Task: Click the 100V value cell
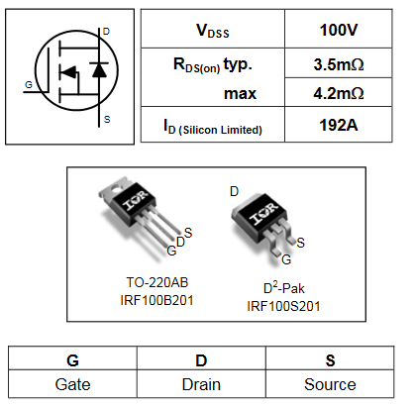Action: (x=339, y=30)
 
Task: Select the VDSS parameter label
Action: (x=213, y=31)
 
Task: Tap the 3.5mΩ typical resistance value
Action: (x=339, y=64)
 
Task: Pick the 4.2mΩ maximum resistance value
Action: (x=339, y=93)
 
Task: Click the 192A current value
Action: (x=339, y=125)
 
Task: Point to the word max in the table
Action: (x=240, y=94)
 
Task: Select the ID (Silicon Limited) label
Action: (x=213, y=128)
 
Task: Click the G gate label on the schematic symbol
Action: (x=29, y=85)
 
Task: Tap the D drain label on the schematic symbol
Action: (x=106, y=32)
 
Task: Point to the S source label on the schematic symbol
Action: (x=107, y=119)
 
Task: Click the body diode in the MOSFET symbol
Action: (x=99, y=69)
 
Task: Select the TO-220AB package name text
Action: (x=157, y=282)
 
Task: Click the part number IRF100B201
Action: (x=156, y=300)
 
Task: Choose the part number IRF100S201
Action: (x=283, y=306)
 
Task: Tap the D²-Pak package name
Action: (x=283, y=288)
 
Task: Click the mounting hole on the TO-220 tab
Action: (x=116, y=189)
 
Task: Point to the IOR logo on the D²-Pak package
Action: (x=263, y=214)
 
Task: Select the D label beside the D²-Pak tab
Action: (x=234, y=191)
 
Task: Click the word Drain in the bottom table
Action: (x=201, y=384)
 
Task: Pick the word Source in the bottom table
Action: (x=330, y=384)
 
